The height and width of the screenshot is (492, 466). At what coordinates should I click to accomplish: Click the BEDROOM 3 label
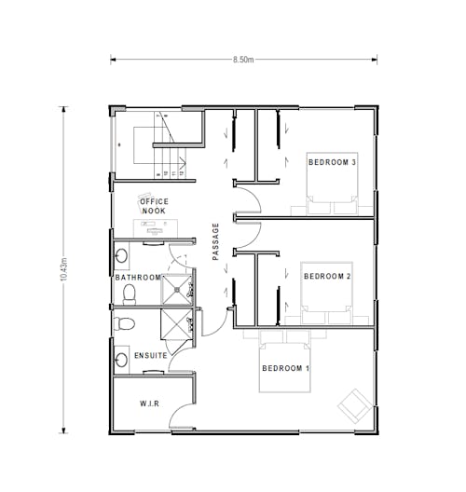tap(333, 162)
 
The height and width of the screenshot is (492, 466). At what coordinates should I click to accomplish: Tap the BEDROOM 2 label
tap(327, 276)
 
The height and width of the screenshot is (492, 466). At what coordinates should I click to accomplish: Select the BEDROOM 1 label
tap(285, 368)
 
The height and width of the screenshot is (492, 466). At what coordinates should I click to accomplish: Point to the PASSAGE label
tap(216, 241)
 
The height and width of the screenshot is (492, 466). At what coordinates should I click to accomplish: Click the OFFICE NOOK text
tap(154, 206)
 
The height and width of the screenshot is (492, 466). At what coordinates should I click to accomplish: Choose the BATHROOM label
tap(138, 278)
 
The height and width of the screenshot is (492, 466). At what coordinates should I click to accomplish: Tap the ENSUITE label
tap(151, 356)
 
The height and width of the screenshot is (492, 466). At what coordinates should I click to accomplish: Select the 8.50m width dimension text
tap(245, 60)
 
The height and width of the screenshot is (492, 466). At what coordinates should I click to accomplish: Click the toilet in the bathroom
tap(130, 294)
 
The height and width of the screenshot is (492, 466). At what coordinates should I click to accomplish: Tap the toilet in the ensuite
tap(124, 323)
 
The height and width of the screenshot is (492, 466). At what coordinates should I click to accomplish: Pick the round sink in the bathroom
tap(121, 255)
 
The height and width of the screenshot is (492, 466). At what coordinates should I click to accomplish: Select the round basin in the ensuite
tap(121, 358)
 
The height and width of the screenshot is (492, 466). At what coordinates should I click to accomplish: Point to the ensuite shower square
tap(175, 325)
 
